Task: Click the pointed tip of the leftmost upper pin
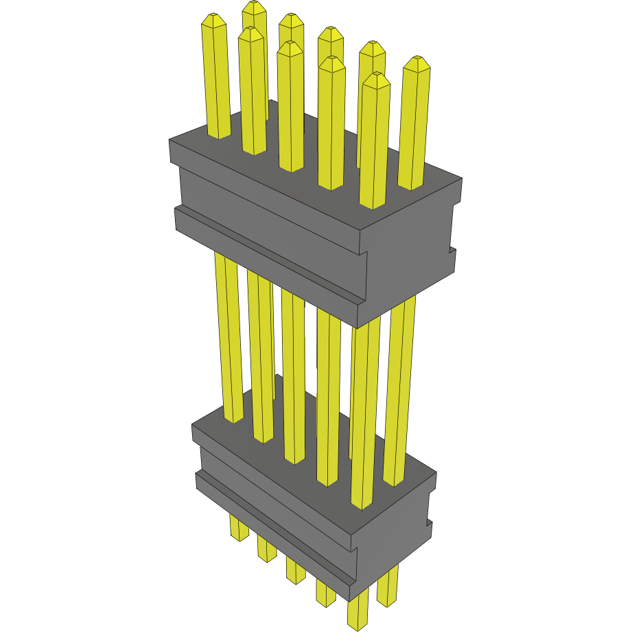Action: tap(213, 19)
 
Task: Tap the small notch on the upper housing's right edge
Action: tap(452, 250)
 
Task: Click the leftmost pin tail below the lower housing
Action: tap(239, 528)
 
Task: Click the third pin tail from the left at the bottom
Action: tap(295, 570)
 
